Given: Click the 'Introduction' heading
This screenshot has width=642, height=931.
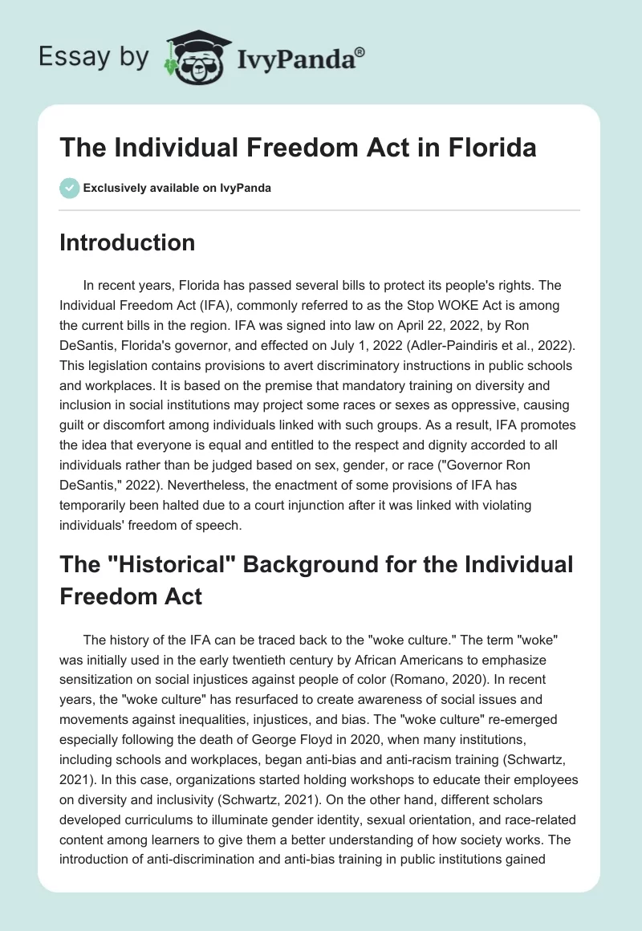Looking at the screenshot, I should [x=127, y=242].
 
